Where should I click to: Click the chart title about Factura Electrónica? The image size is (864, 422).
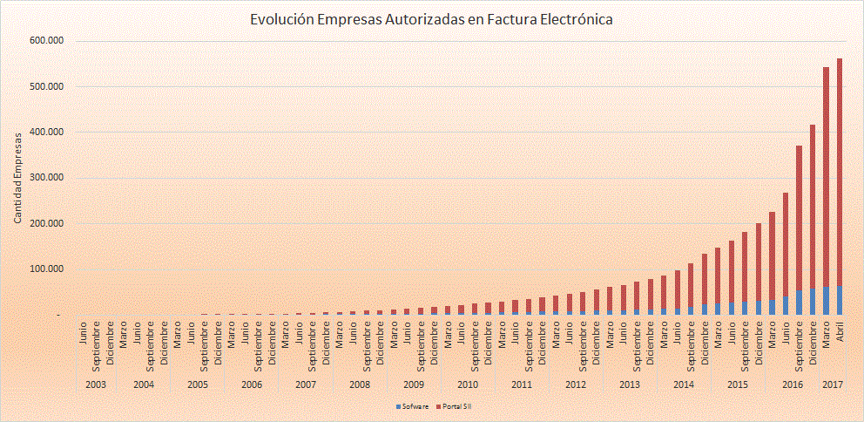[431, 18]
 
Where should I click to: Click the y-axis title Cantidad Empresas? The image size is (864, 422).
[17, 178]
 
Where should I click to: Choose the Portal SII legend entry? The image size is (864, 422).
[457, 406]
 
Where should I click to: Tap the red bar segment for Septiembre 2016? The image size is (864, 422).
[799, 218]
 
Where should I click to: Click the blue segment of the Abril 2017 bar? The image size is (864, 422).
[840, 300]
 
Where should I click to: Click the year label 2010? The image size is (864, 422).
[468, 384]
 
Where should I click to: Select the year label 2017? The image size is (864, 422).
[833, 384]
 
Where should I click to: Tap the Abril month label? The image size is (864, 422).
[840, 336]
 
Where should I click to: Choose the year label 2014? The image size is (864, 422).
[684, 384]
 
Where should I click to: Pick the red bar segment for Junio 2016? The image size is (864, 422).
[786, 244]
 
